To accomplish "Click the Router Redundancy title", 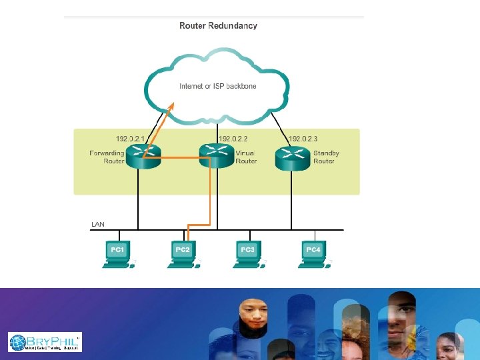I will pos(218,26).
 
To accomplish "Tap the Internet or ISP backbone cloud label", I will pos(218,86).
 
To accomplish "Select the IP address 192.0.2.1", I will pos(131,139).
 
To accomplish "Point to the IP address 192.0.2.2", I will pos(233,139).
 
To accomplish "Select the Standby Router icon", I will pos(291,157).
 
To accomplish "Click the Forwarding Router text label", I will pos(107,157).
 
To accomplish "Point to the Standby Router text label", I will pos(326,157).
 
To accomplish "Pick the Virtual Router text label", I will pos(246,157).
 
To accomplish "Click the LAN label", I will pos(98,224).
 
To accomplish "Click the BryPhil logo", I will pos(45,342).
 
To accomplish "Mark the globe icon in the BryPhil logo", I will pos(18,343).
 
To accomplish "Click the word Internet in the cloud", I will pos(191,86).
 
